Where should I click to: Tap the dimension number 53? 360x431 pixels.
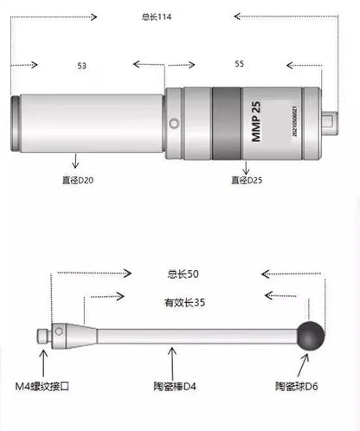coord(81,65)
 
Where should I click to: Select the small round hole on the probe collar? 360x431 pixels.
coord(176,124)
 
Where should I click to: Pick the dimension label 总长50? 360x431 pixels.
coord(183,273)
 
